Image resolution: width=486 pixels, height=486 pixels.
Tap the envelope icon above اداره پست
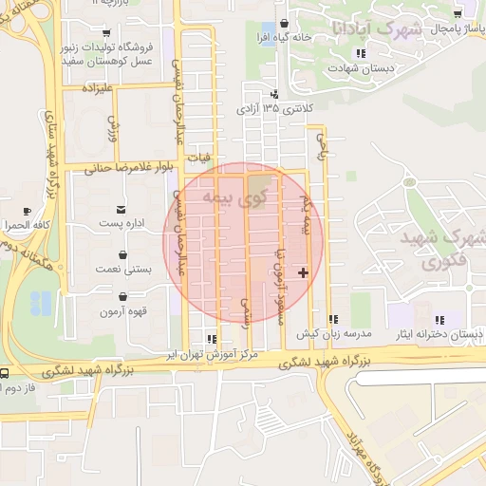(x=121, y=209)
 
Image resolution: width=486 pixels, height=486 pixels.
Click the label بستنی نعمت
(x=125, y=270)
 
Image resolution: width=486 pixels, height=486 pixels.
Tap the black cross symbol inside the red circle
(x=303, y=272)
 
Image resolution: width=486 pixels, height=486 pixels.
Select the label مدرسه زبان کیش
(x=332, y=334)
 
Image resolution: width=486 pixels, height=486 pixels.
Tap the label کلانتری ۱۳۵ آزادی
(x=275, y=108)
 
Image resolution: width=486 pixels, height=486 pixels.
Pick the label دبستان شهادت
(x=353, y=68)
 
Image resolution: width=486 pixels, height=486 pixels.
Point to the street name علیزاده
(x=98, y=89)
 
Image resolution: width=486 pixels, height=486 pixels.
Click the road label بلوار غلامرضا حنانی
(x=128, y=169)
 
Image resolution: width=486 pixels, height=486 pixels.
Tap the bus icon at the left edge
(x=5, y=374)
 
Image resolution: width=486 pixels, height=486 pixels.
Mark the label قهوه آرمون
(x=123, y=311)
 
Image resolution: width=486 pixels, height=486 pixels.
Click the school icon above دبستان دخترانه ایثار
(x=437, y=319)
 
